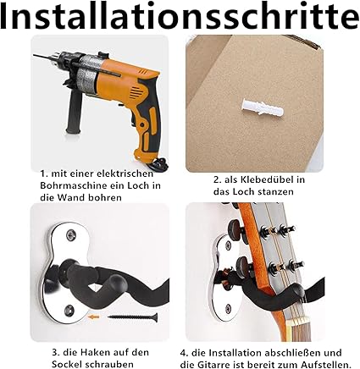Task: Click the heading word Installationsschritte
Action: (180, 16)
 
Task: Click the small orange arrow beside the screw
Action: (93, 317)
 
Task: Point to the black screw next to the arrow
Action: (132, 317)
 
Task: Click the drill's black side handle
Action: (74, 113)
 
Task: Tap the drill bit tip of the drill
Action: (35, 56)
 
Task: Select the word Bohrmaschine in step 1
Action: (71, 185)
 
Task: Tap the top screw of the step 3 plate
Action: (71, 235)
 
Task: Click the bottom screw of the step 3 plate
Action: (69, 311)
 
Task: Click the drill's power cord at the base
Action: (158, 162)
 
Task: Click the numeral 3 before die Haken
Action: (55, 352)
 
